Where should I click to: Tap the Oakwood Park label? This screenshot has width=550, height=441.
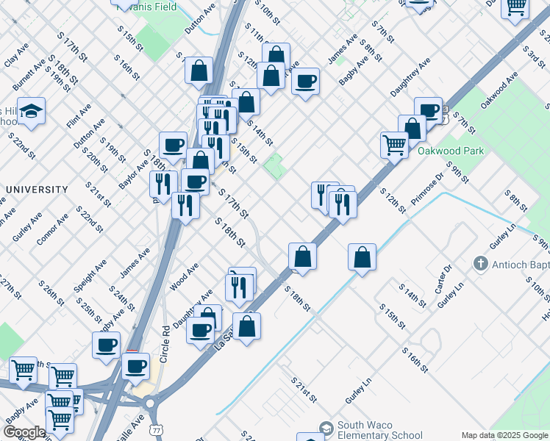tap(451, 151)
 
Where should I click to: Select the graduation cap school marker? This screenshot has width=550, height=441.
tap(31, 111)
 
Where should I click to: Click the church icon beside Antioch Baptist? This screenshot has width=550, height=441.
tap(481, 262)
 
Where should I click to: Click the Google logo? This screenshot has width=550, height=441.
tap(24, 432)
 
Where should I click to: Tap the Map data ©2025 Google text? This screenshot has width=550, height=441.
tap(504, 435)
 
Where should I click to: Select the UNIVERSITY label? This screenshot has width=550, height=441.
tap(37, 190)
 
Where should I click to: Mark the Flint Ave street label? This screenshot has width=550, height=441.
tap(79, 115)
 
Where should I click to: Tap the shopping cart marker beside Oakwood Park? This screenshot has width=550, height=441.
tap(395, 145)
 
